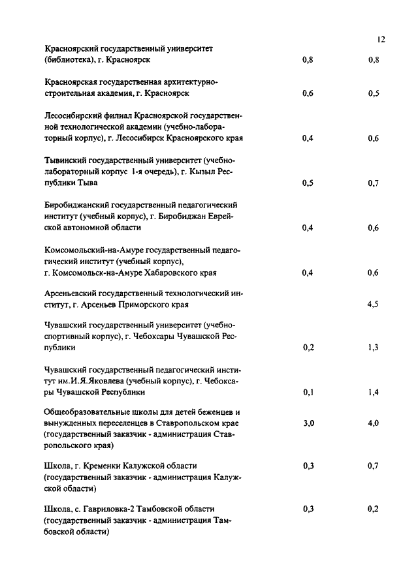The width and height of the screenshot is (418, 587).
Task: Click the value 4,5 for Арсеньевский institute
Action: coord(374,305)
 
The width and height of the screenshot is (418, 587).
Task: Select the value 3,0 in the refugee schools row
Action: coord(309,423)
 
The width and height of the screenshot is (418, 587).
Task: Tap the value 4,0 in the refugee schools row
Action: coord(374,423)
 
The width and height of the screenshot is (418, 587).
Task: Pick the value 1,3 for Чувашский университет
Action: coord(374,348)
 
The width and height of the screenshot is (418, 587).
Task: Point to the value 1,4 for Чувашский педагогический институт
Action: coord(374,392)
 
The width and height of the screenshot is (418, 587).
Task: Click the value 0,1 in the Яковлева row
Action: coord(309,392)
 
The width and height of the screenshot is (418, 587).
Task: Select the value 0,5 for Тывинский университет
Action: coord(309,183)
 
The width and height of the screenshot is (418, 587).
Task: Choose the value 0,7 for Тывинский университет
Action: coord(374,183)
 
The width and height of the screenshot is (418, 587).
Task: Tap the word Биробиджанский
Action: coord(76,205)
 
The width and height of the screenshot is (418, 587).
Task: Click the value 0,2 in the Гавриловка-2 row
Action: coord(374,508)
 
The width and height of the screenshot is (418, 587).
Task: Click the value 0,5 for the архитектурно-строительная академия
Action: coord(374,93)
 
